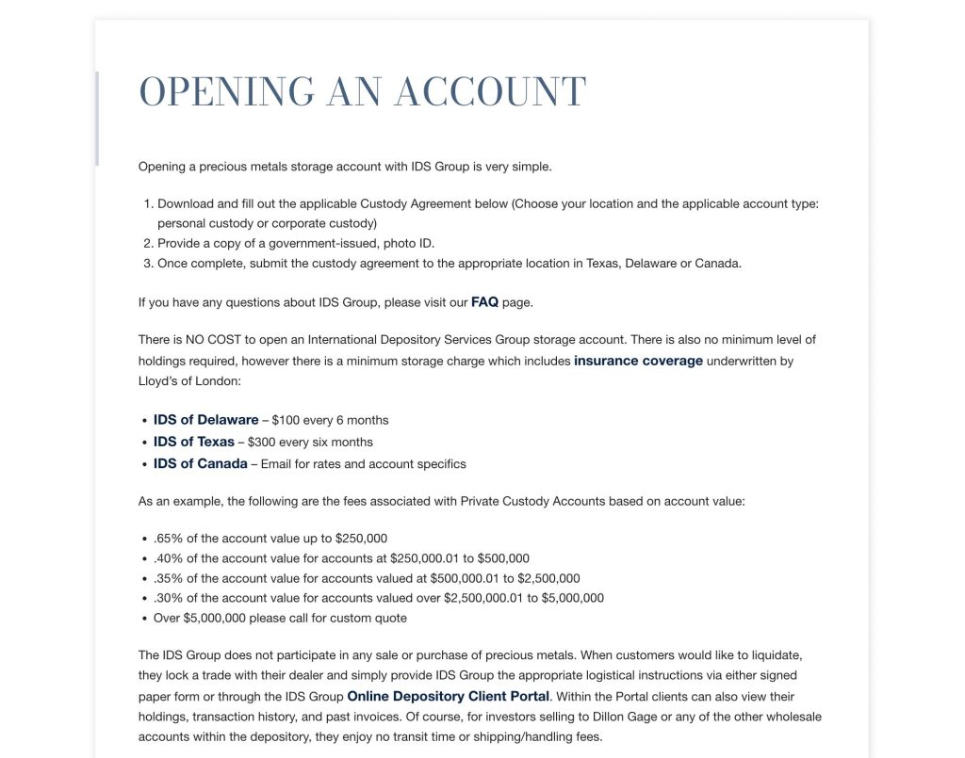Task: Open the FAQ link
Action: point(484,302)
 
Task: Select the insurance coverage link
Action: point(638,361)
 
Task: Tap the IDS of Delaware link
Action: point(205,420)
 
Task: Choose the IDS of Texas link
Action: point(194,442)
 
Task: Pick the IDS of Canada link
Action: point(201,463)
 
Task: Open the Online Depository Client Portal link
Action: point(448,697)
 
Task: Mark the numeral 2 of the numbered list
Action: point(147,243)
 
